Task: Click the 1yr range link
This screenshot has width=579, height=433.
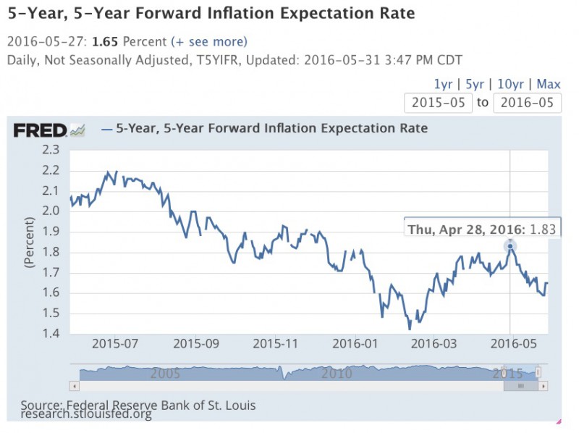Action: tap(444, 84)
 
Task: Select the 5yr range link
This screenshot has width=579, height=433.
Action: tap(474, 84)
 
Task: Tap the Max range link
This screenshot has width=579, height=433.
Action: tap(549, 84)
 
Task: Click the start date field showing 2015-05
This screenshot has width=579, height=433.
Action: tap(438, 102)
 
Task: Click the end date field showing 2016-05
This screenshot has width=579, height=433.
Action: tap(527, 102)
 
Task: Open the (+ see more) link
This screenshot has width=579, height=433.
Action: tap(209, 41)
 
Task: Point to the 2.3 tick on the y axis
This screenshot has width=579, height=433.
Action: tap(51, 151)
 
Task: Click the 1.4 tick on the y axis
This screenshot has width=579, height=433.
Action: tap(51, 334)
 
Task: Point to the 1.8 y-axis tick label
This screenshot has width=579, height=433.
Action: tap(51, 253)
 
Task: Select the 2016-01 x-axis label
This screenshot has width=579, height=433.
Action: tap(353, 343)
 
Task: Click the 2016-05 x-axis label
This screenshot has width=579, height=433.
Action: tap(511, 343)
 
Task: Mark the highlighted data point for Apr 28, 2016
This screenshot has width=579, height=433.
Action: tap(510, 246)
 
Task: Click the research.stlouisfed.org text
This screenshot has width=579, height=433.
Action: tap(86, 414)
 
